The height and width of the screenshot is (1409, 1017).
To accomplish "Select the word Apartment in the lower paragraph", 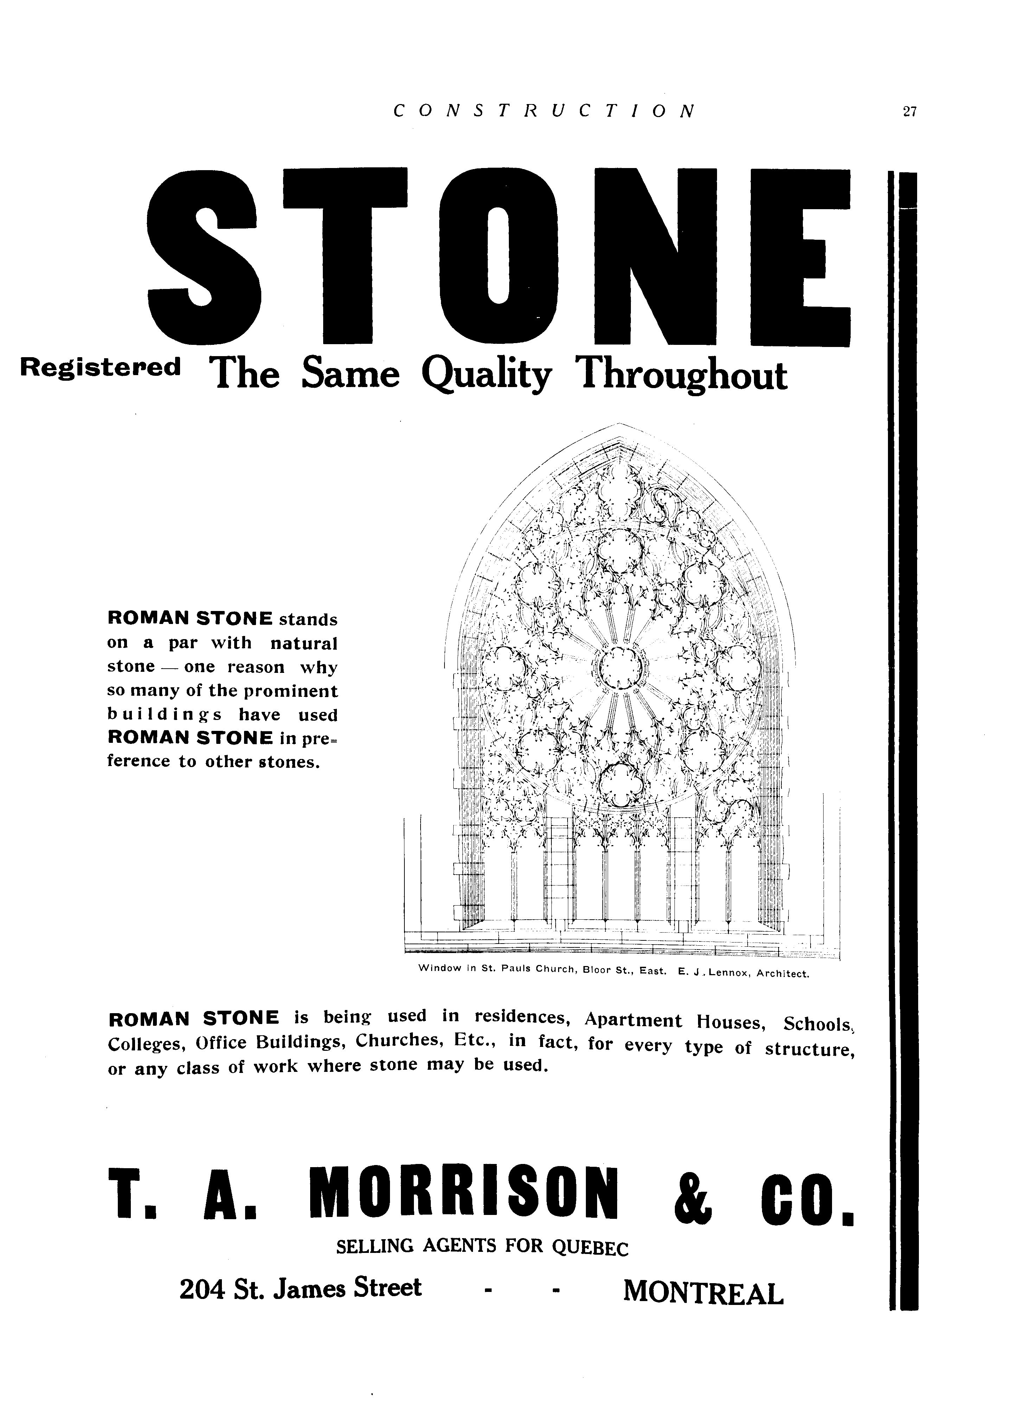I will coord(633,1021).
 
